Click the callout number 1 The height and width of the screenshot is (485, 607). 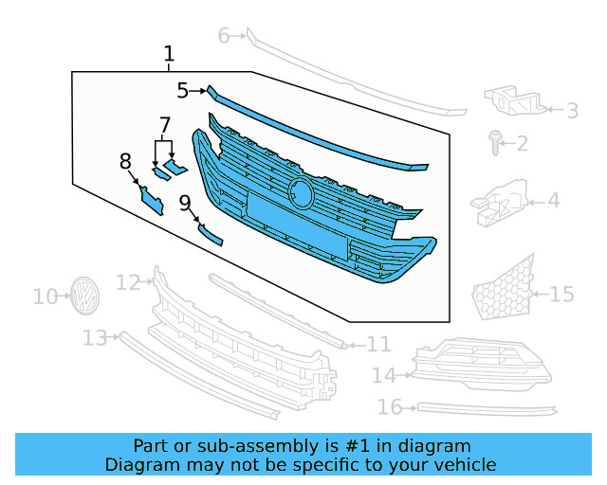tap(169, 54)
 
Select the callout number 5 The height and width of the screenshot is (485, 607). tap(182, 90)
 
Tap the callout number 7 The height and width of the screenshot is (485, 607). tap(164, 125)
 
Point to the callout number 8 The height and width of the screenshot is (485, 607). tap(125, 162)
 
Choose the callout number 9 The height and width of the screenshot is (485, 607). tap(185, 202)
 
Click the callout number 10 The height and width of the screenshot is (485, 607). tap(45, 296)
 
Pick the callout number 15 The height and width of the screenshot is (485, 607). tap(562, 295)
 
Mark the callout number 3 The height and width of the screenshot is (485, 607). tap(572, 111)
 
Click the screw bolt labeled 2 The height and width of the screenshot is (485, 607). tap(495, 142)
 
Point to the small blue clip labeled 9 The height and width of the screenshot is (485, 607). tap(210, 234)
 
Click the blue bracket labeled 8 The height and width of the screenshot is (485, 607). tap(152, 199)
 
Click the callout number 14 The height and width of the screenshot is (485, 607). tap(383, 376)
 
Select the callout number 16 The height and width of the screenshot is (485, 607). tap(390, 407)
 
